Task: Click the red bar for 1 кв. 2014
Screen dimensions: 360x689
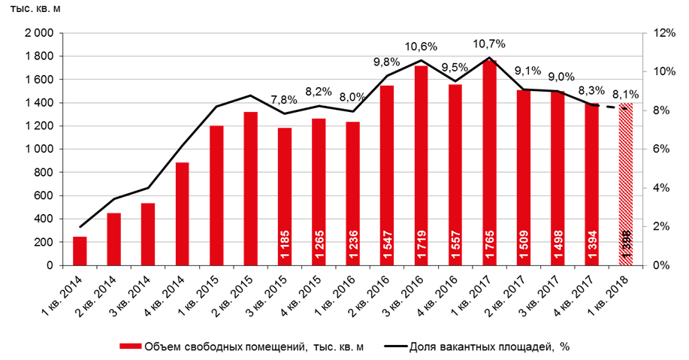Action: point(79,251)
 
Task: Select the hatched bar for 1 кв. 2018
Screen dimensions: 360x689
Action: point(626,185)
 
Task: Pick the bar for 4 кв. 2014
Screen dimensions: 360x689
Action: point(182,214)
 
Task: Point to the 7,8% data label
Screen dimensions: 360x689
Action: point(284,100)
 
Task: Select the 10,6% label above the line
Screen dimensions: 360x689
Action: point(422,47)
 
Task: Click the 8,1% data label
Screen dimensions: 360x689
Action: point(627,95)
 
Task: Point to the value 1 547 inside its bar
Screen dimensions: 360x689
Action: point(387,246)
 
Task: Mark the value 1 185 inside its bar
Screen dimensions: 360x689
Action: point(284,246)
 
